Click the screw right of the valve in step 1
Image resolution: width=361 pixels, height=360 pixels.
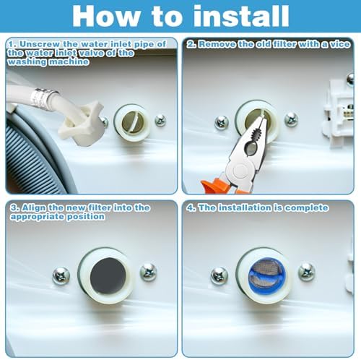pos(160,120)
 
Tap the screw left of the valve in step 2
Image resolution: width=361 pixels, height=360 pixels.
pos(221,122)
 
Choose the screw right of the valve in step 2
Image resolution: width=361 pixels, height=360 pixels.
pos(291,119)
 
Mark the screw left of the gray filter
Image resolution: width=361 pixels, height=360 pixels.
pos(61,275)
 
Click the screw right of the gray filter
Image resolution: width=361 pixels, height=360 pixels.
pos(149,272)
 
